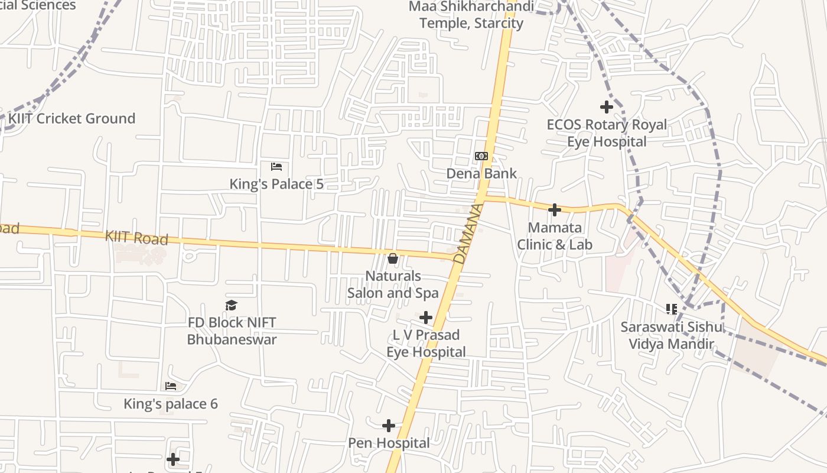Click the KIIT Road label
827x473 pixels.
136,238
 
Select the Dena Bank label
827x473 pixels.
481,173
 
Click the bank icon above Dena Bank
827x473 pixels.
481,156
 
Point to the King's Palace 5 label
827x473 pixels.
276,184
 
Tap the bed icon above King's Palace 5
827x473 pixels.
276,167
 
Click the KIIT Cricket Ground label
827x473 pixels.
71,118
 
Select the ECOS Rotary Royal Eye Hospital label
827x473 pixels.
607,133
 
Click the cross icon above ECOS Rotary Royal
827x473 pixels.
607,107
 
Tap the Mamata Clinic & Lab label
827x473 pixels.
555,236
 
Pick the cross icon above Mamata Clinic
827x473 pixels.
555,209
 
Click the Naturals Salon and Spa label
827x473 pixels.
393,284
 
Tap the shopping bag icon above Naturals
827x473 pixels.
393,258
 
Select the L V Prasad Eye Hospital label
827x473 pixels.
426,344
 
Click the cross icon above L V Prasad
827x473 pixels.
426,318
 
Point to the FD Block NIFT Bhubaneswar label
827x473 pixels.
232,331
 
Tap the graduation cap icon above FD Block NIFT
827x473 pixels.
232,305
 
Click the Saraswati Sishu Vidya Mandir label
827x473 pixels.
671,335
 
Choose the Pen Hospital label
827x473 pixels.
389,443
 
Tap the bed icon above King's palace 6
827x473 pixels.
171,387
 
